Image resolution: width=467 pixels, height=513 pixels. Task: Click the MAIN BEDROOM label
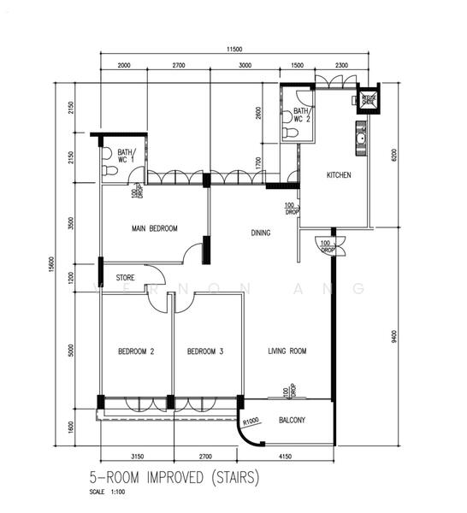click(x=154, y=229)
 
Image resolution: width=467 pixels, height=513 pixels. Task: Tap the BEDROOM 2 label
click(x=135, y=351)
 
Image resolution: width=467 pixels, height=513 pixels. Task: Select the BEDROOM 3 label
click(x=205, y=351)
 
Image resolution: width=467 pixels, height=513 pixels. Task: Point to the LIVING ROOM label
click(x=287, y=351)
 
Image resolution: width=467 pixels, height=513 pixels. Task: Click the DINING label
click(x=261, y=233)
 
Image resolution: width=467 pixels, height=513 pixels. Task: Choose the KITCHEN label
click(x=339, y=175)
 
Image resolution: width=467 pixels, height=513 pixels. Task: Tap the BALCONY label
click(x=293, y=421)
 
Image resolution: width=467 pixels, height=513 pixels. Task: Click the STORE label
click(x=126, y=277)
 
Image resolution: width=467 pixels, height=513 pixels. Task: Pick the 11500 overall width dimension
click(x=236, y=50)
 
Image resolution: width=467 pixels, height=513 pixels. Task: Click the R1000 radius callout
click(x=251, y=421)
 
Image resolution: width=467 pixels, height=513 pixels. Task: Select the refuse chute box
click(x=369, y=99)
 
